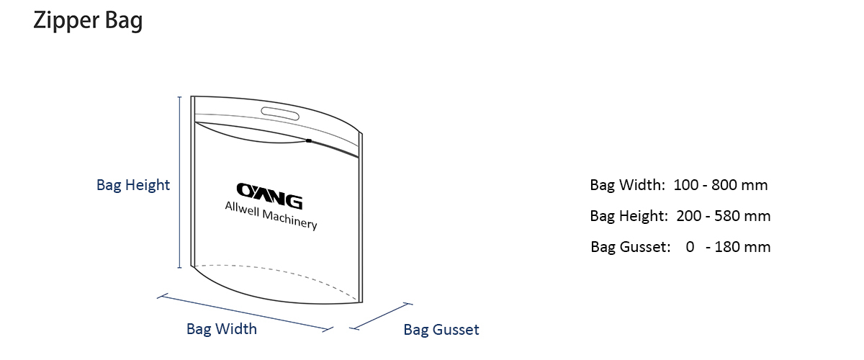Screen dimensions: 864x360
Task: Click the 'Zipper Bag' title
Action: (x=88, y=21)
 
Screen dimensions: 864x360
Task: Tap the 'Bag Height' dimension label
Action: (x=133, y=185)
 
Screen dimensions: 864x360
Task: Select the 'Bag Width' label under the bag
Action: (x=222, y=329)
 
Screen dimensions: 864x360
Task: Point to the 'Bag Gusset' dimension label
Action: (x=441, y=330)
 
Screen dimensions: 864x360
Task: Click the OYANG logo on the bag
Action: (x=269, y=196)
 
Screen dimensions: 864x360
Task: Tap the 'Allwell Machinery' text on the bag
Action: (x=271, y=215)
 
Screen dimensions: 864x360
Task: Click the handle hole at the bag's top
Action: (x=280, y=114)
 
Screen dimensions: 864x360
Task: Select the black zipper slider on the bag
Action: (x=309, y=141)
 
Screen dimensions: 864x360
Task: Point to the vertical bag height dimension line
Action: (x=179, y=182)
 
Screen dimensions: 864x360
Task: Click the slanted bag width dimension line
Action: (x=245, y=313)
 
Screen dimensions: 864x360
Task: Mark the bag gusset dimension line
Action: (x=381, y=316)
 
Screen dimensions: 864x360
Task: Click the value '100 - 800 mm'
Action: (x=721, y=185)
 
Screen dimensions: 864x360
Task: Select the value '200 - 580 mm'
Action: (x=723, y=216)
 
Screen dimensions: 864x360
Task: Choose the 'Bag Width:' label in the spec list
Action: (x=628, y=185)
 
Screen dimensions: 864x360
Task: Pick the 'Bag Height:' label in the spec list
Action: (x=629, y=216)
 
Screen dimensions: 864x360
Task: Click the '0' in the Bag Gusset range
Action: (x=690, y=247)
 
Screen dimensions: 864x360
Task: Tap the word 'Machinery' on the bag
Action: (x=289, y=220)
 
